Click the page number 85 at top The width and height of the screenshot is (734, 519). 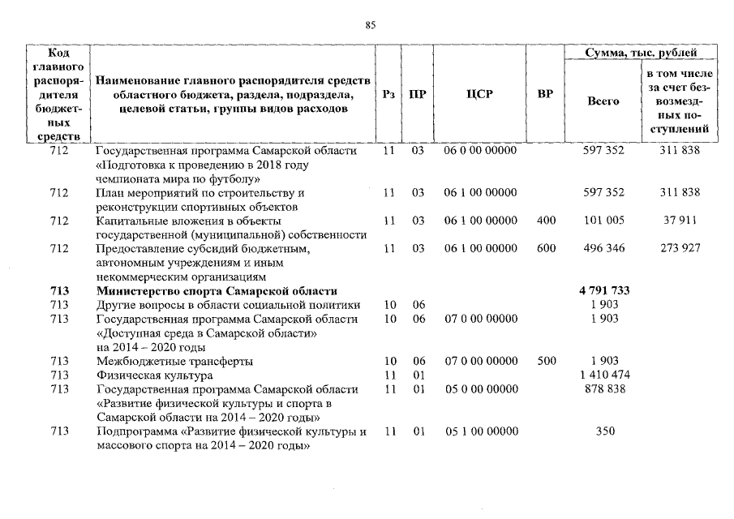(x=371, y=25)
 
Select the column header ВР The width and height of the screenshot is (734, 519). (x=546, y=94)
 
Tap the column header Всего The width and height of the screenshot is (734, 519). (x=603, y=101)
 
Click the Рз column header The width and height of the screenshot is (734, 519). (x=388, y=94)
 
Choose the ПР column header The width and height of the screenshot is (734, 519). (x=418, y=94)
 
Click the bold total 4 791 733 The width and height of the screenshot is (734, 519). (x=605, y=291)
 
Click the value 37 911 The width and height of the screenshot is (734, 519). (x=680, y=221)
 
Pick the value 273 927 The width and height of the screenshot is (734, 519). (x=680, y=248)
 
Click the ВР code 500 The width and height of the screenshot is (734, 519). (x=546, y=361)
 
